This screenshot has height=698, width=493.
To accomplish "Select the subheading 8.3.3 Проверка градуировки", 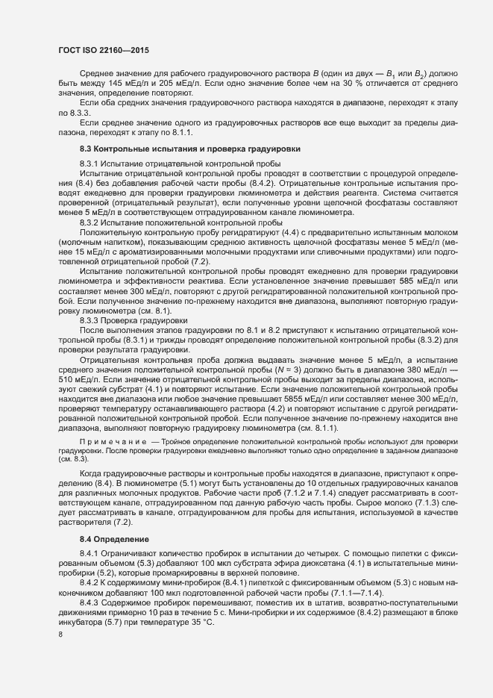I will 124,320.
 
